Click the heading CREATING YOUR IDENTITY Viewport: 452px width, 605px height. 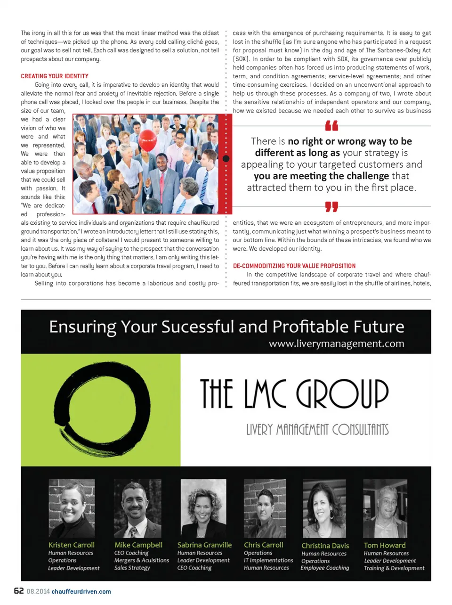55,76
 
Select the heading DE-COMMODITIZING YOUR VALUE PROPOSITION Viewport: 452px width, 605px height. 294,266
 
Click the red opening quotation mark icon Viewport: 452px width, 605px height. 331,126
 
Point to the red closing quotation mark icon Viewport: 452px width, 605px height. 331,207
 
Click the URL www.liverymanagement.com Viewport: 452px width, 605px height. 336,344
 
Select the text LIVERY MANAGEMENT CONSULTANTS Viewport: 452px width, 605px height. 317,429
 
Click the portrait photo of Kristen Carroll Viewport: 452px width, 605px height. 72,508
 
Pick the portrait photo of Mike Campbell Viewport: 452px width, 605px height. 137,508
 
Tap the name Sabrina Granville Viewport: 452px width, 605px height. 204,545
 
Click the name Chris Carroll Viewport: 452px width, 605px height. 263,545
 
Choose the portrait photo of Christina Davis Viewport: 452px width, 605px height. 324,508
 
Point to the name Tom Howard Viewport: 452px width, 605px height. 384,545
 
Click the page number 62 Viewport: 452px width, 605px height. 19,591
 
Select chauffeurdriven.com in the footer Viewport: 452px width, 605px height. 81,591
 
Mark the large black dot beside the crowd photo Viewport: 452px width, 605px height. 226,159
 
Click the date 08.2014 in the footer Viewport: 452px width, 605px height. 38,591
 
